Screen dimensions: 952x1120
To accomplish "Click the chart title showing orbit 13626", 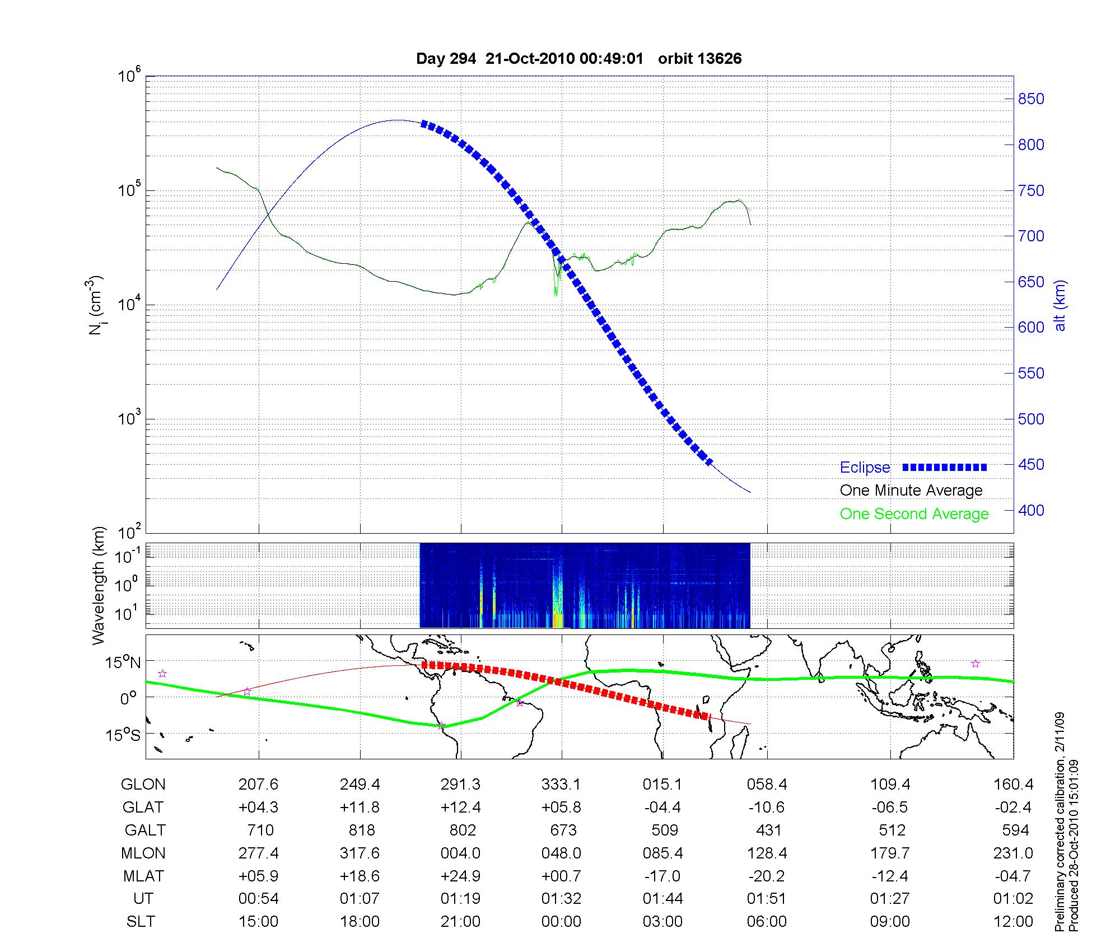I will (578, 59).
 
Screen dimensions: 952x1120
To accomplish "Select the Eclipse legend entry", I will (865, 468).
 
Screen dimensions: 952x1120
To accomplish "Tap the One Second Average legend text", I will (914, 514).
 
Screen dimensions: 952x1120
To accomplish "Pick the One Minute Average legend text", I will (911, 491).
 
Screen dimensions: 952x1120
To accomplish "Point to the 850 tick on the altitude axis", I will (1030, 99).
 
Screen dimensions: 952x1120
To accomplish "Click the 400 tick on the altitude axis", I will (1030, 510).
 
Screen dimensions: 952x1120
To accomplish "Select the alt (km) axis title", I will (1060, 305).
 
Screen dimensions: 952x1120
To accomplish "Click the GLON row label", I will (143, 785).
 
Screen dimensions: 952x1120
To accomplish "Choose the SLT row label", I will (141, 922).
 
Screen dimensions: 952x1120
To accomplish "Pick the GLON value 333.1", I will (561, 785).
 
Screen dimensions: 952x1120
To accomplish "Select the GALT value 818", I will (360, 830).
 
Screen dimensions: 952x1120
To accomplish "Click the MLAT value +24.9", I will (460, 876).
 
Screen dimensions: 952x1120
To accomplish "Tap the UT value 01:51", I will (767, 899).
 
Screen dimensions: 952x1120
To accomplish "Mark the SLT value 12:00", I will (1014, 922).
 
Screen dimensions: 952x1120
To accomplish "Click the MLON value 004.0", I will (460, 853).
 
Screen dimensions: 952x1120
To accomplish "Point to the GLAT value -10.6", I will (767, 808).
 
